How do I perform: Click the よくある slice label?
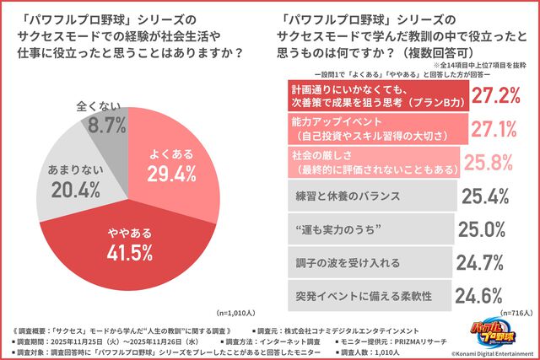click(x=172, y=154)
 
